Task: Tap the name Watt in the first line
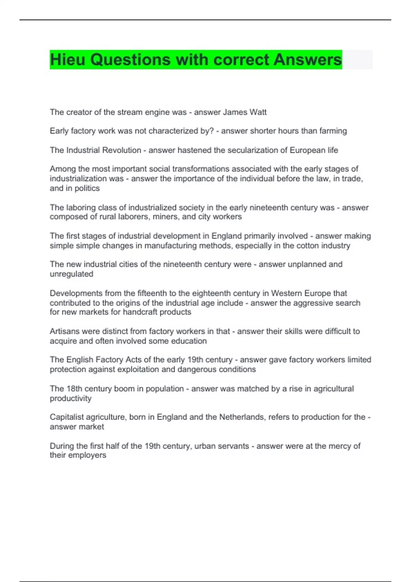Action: pyautogui.click(x=258, y=112)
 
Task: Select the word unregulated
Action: pyautogui.click(x=71, y=274)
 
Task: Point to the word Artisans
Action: pyautogui.click(x=64, y=331)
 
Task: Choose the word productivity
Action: pyautogui.click(x=71, y=398)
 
